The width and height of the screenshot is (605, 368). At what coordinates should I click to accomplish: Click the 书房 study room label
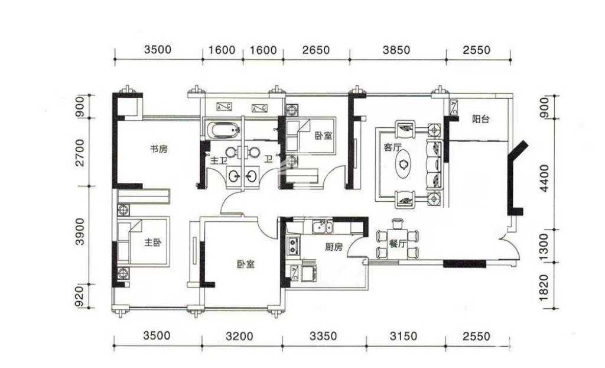click(158, 149)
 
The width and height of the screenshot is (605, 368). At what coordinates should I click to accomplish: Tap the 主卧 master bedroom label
click(153, 243)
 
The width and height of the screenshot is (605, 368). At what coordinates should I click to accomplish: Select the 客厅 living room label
click(392, 147)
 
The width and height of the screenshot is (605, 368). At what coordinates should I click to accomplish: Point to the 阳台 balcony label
click(481, 119)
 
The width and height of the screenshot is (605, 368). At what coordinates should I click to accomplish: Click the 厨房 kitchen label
click(334, 247)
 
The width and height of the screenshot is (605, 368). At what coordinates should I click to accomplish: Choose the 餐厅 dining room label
click(398, 244)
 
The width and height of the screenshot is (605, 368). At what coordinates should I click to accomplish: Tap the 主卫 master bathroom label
click(219, 160)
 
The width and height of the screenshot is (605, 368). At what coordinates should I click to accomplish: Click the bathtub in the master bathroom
click(224, 130)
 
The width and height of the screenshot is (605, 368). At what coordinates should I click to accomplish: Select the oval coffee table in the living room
click(404, 166)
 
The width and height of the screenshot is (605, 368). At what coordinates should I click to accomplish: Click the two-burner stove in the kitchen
click(294, 246)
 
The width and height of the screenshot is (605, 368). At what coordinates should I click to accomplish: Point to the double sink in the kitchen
click(322, 227)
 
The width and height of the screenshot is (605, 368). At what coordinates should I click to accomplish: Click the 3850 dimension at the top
click(396, 50)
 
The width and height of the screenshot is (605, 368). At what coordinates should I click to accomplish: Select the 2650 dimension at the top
click(316, 50)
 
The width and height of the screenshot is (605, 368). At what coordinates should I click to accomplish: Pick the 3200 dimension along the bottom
click(240, 336)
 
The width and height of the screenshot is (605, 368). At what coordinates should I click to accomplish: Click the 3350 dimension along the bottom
click(323, 336)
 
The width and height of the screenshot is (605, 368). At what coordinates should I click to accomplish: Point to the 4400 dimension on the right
click(544, 178)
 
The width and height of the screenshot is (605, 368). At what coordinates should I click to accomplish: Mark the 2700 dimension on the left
click(80, 153)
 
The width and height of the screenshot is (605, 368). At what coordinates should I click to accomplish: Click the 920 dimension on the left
click(80, 296)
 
